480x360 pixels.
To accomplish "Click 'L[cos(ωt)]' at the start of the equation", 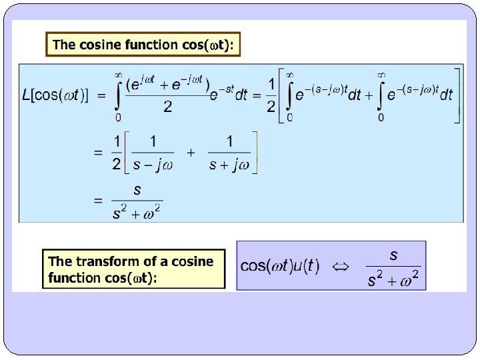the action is pyautogui.click(x=56, y=95).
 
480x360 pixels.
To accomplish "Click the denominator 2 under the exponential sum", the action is pyautogui.click(x=167, y=107).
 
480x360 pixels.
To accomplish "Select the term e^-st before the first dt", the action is pyautogui.click(x=222, y=95).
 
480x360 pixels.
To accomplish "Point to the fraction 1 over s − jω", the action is pyautogui.click(x=153, y=152).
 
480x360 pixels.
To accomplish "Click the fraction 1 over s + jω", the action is pyautogui.click(x=229, y=152).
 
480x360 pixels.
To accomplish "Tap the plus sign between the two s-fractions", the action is pyautogui.click(x=191, y=152).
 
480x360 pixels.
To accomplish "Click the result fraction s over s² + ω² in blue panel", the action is pyautogui.click(x=137, y=201).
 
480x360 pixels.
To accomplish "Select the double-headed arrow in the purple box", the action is pyautogui.click(x=341, y=266).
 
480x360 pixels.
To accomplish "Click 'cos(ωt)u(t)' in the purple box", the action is pyautogui.click(x=279, y=266).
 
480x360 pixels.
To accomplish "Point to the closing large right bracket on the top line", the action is pyautogui.click(x=457, y=95).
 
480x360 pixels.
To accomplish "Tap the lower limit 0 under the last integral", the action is pyautogui.click(x=381, y=117).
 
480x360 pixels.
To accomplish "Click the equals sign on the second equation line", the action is pyautogui.click(x=98, y=152).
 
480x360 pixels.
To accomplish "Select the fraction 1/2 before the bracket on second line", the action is pyautogui.click(x=117, y=152).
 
